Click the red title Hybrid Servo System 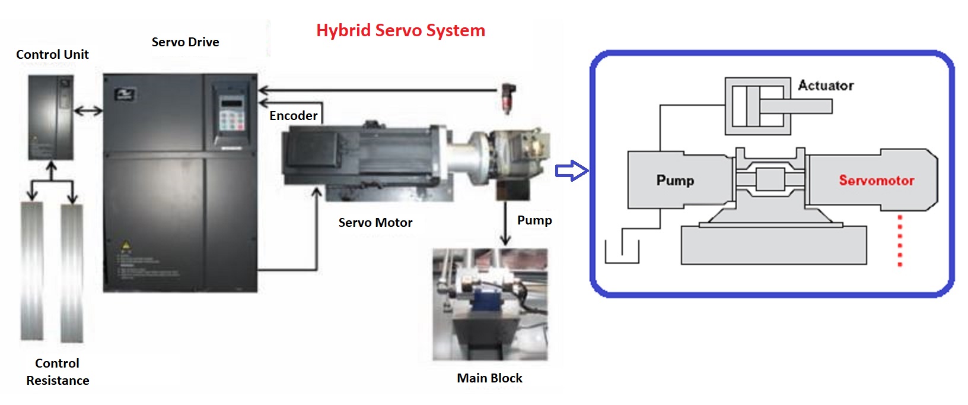(x=400, y=30)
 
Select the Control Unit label (x=52, y=55)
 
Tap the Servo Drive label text (x=185, y=42)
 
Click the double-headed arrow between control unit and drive (x=88, y=110)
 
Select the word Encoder (x=293, y=116)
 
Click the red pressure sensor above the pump (x=507, y=98)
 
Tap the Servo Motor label (x=375, y=223)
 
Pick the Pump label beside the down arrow (x=534, y=220)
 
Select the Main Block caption (x=489, y=378)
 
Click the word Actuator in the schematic (x=826, y=86)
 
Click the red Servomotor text (x=876, y=181)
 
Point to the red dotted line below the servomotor (x=900, y=241)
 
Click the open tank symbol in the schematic (x=622, y=252)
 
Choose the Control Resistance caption (x=58, y=372)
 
